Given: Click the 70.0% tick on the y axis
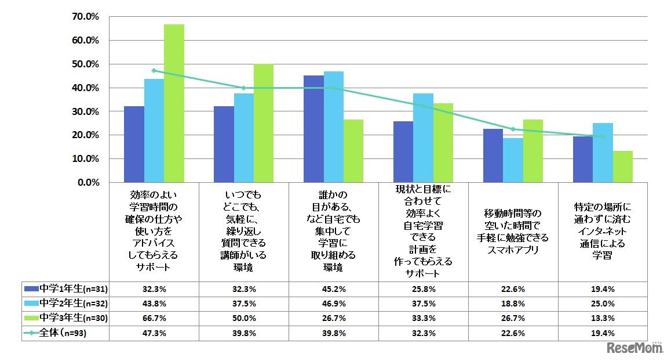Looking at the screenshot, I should [x=85, y=17].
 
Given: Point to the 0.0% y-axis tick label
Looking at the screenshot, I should [x=87, y=182].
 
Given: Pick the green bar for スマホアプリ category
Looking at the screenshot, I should [x=533, y=151].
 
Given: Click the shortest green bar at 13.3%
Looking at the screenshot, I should [x=622, y=167].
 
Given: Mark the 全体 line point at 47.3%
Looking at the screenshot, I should [x=154, y=70].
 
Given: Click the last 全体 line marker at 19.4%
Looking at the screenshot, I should [x=603, y=136].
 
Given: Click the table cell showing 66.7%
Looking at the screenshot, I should [x=154, y=318].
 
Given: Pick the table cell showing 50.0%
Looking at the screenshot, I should [x=243, y=318].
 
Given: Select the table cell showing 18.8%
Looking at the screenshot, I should [x=513, y=303].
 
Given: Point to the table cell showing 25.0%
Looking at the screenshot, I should [x=603, y=303].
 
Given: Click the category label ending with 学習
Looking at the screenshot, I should [x=603, y=233].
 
